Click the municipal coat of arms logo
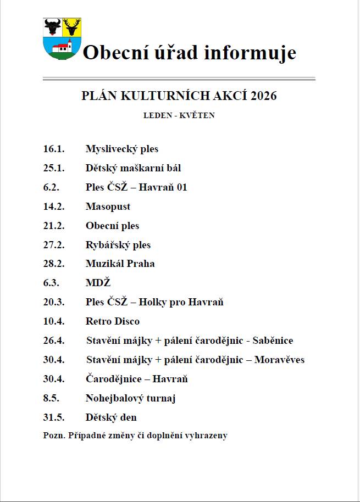pos(62,38)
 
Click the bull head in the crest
pos(53,26)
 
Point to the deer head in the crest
pos(71,26)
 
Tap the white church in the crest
pos(62,48)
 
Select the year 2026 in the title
pos(263,96)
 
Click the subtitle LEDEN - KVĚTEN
pos(179,115)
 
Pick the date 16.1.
pos(54,149)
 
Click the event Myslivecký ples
pos(121,149)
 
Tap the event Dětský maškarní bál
pos(133,168)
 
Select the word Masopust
pos(108,207)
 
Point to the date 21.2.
pos(54,226)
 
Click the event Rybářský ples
pos(118,245)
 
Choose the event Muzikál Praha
pos(120,264)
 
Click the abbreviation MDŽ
pos(98,283)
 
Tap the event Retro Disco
pos(112,321)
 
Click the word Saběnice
pos(273,341)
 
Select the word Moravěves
pos(279,360)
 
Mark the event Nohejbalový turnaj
pos(130,398)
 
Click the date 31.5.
pos(54,417)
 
